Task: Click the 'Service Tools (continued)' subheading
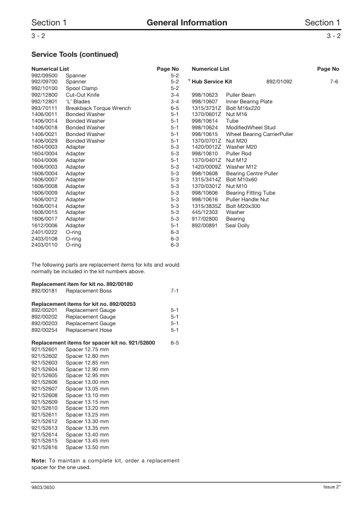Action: (x=74, y=54)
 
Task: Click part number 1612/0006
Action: (x=44, y=225)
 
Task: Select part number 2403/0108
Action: (x=44, y=238)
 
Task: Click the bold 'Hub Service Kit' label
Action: (x=212, y=80)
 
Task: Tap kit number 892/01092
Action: (x=280, y=80)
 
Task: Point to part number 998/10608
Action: (x=205, y=173)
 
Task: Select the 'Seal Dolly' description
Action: (x=237, y=225)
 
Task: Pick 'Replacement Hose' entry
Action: (x=89, y=330)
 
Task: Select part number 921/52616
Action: (x=44, y=447)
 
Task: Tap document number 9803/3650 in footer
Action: (x=44, y=487)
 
